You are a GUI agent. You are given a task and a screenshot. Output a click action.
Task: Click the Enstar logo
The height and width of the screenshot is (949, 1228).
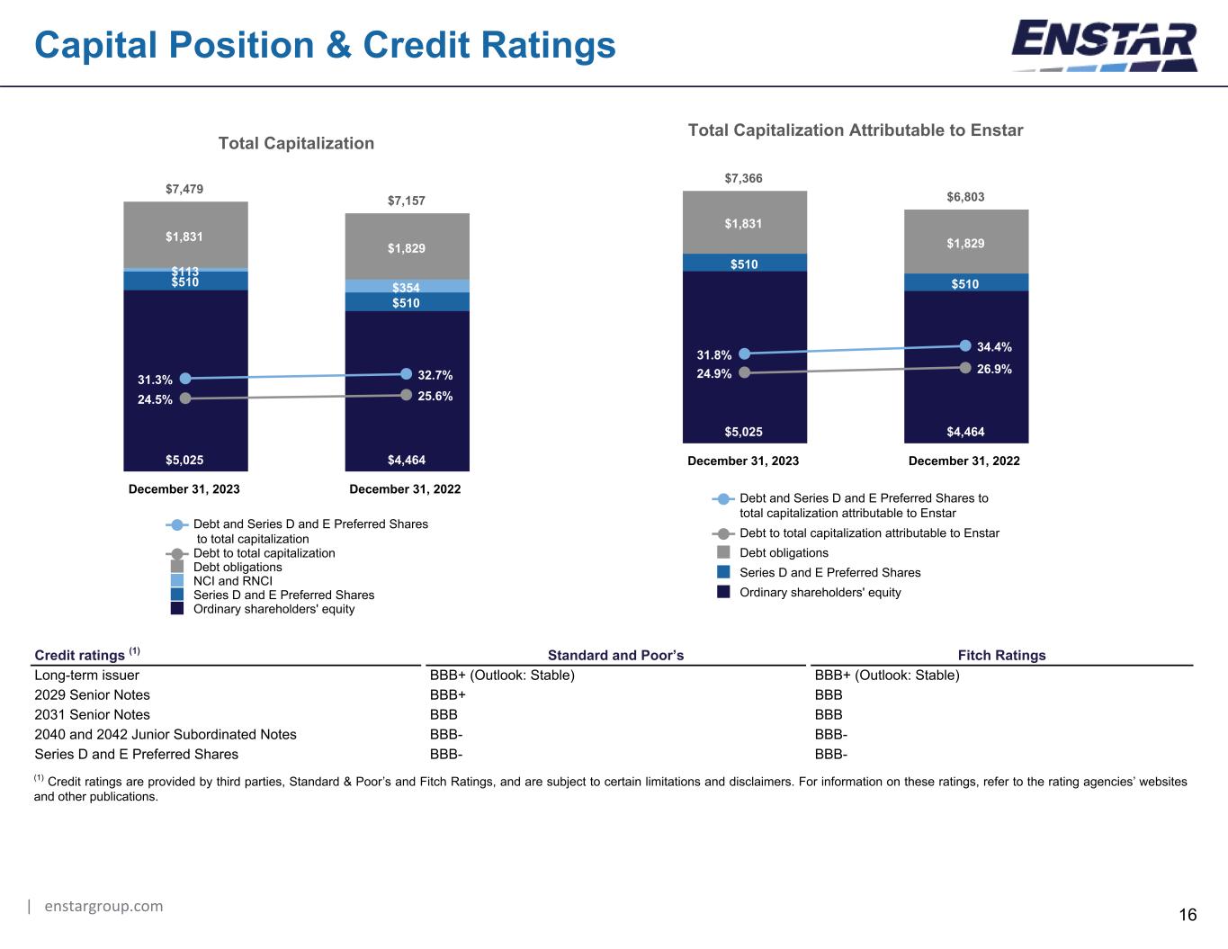coord(1104,46)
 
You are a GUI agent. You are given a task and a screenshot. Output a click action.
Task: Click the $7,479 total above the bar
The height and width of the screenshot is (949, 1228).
coord(184,189)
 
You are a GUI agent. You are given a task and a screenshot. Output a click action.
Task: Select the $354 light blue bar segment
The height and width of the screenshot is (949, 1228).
coord(407,286)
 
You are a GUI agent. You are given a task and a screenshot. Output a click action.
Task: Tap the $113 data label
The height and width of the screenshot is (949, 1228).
coord(185,271)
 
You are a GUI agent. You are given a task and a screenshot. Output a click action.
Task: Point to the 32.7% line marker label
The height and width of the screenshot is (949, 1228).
coord(435,375)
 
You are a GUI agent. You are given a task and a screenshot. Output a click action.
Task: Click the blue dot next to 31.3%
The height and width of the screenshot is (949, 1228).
coord(184,379)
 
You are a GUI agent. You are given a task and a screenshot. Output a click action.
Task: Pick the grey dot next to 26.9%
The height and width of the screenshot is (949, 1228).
coord(965,368)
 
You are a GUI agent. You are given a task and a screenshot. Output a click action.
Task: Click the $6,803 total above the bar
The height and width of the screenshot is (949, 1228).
coord(965,197)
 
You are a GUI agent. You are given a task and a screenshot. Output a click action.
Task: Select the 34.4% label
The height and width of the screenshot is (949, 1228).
coord(995,347)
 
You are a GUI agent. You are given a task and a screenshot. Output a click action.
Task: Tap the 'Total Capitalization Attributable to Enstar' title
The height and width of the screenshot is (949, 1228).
coord(855,130)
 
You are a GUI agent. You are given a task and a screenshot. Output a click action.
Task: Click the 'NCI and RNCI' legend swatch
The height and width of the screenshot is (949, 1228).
coord(177,580)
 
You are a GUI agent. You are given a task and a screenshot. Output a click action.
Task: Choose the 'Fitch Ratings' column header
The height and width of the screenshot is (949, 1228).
coord(1001,655)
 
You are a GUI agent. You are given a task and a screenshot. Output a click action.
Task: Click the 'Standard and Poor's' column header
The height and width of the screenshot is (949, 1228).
coord(615,655)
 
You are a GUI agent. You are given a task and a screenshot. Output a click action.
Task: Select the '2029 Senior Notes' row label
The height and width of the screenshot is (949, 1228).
coord(92,694)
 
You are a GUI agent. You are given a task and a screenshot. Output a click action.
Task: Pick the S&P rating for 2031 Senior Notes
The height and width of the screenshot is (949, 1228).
coord(444,714)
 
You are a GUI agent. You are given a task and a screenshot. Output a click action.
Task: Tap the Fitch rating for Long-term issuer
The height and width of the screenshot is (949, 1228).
coord(887,675)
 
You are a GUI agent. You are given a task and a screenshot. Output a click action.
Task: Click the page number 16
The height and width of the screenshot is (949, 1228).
coord(1188,915)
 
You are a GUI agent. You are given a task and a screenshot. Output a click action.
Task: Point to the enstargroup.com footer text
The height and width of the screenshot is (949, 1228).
coord(103,906)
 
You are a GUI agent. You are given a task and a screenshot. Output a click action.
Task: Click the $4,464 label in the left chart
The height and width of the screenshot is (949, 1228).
coord(407,460)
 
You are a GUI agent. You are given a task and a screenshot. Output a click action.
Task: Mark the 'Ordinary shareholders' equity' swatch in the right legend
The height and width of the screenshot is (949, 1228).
coord(723,591)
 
